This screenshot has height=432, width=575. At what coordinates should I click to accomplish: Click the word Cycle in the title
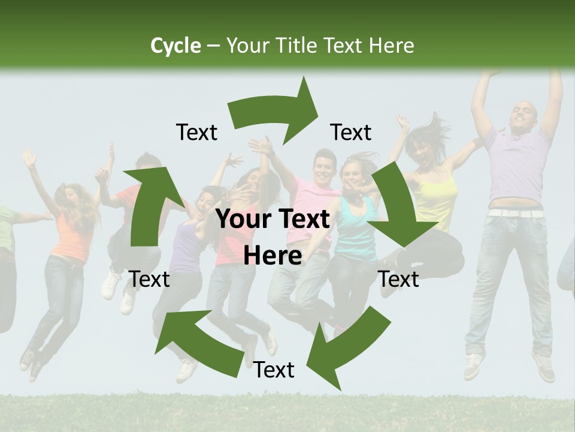point(175,46)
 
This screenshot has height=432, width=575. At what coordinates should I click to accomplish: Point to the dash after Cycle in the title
point(213,46)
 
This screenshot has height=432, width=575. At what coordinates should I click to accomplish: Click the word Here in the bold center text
point(273,256)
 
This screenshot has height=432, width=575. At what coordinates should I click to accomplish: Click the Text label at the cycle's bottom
point(274,370)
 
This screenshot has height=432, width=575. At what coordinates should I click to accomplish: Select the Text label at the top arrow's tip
point(351,132)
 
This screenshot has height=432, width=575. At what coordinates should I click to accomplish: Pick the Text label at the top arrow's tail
point(196,132)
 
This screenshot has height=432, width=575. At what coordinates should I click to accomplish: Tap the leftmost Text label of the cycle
point(149,279)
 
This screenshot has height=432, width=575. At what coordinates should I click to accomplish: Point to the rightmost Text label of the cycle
point(398,279)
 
